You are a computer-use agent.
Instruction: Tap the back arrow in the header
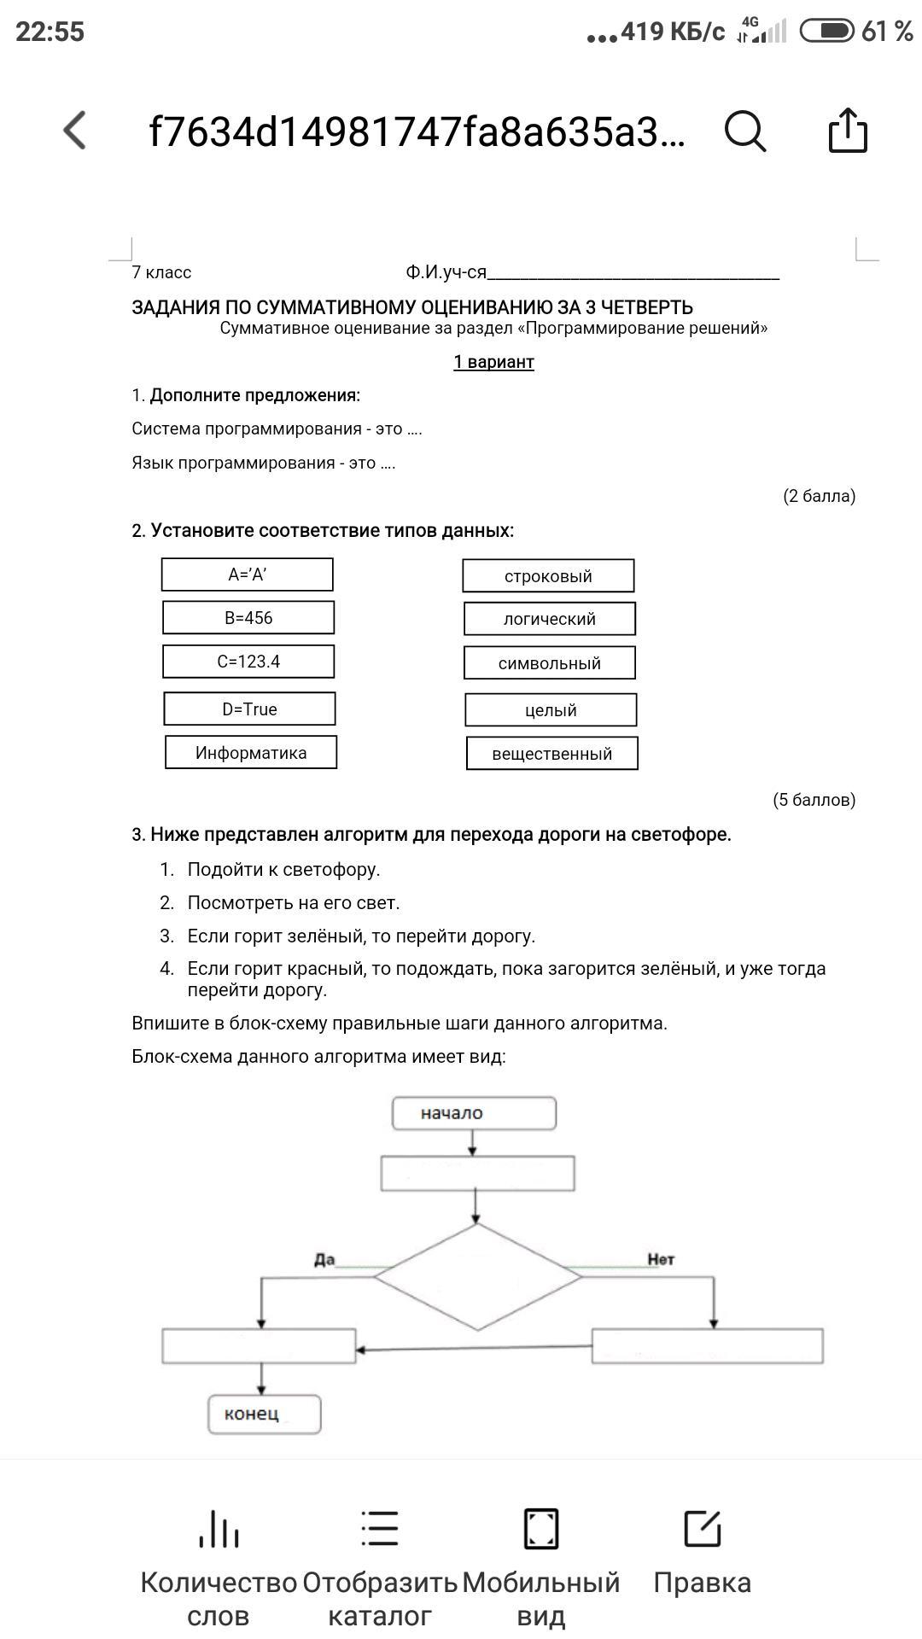tap(75, 131)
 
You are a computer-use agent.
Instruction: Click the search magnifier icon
tap(745, 131)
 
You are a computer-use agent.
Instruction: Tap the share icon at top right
tap(848, 131)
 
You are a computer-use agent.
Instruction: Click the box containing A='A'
tap(248, 575)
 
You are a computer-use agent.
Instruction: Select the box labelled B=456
tap(248, 618)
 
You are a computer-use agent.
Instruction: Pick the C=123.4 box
tap(248, 662)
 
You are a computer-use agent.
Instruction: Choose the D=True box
tap(249, 709)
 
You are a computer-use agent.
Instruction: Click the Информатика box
tap(251, 753)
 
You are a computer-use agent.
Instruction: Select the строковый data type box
tap(548, 576)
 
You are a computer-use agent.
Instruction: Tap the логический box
tap(550, 619)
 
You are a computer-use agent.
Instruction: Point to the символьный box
tap(550, 663)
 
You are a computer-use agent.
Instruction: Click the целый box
tap(551, 710)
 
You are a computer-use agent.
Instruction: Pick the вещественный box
tap(551, 754)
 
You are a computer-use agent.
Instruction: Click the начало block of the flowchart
tap(474, 1113)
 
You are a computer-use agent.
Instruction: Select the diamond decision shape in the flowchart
tap(477, 1277)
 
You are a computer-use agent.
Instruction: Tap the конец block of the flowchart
tap(265, 1414)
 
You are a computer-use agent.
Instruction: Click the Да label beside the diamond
tap(324, 1259)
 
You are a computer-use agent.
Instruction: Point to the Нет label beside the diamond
tap(661, 1259)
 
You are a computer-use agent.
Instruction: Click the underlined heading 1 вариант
tap(493, 362)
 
